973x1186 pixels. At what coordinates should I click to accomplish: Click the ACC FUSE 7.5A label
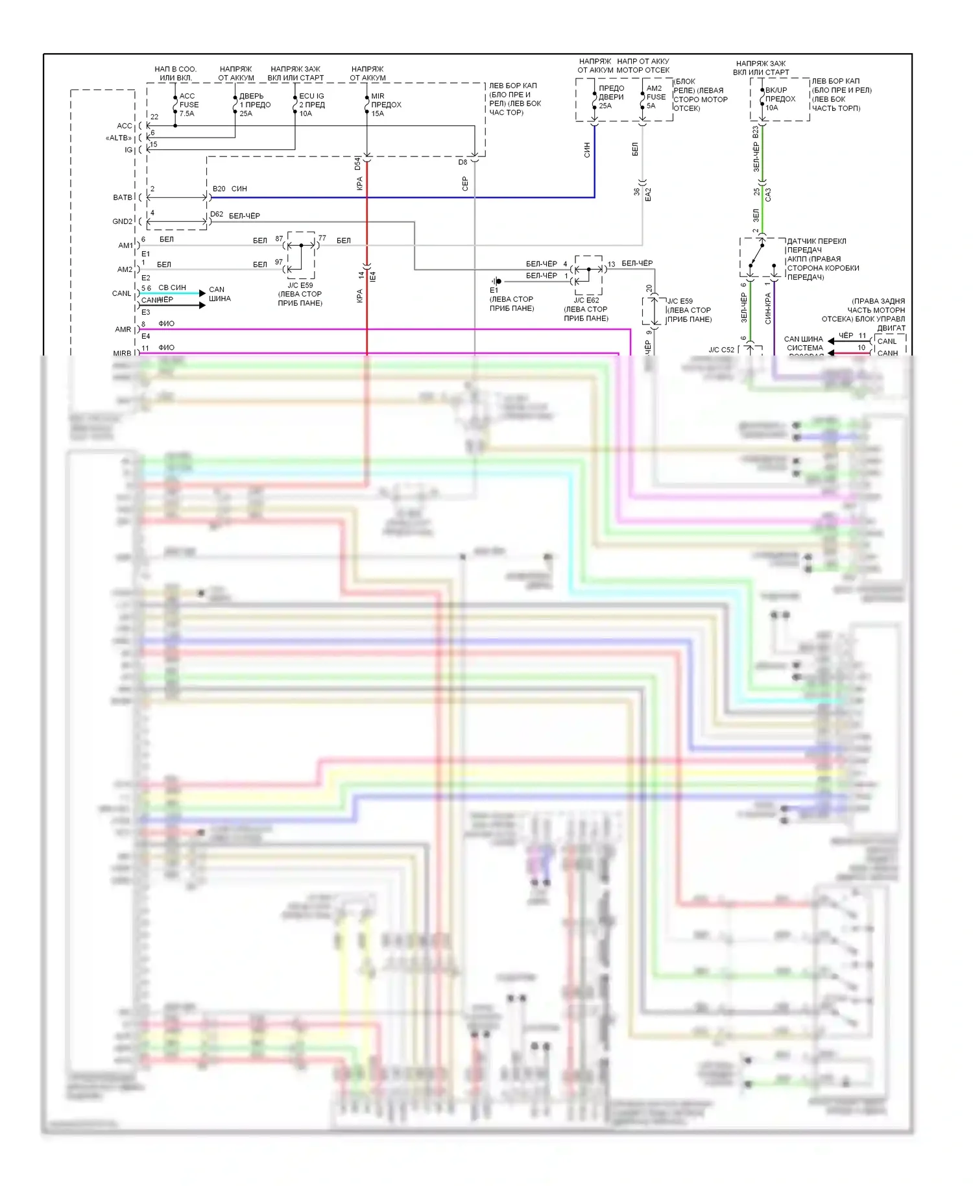pos(189,104)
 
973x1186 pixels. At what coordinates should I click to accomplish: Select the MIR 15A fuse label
pos(385,104)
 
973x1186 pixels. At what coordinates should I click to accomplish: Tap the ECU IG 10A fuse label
pos(311,104)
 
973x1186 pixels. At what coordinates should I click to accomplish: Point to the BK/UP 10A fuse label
pos(780,99)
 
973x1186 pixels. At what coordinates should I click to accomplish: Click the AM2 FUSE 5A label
pos(655,97)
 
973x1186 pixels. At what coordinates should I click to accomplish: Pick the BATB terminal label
pos(123,197)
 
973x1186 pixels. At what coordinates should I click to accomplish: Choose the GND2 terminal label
pos(122,221)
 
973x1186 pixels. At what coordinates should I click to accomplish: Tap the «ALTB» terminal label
pos(119,138)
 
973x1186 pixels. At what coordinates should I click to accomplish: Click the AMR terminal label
pos(123,330)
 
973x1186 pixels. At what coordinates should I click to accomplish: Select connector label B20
pos(219,189)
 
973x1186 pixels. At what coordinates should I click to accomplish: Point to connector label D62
pos(217,214)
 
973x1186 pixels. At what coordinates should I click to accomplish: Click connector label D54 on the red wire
pos(357,163)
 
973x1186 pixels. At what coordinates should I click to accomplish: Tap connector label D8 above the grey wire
pos(462,162)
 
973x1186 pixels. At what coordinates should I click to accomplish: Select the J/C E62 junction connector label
pos(586,300)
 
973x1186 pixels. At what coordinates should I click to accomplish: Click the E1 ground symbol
pos(496,282)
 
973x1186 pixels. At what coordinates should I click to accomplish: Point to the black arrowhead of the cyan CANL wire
pos(202,293)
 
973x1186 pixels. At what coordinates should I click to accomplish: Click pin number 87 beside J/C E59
pos(279,239)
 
